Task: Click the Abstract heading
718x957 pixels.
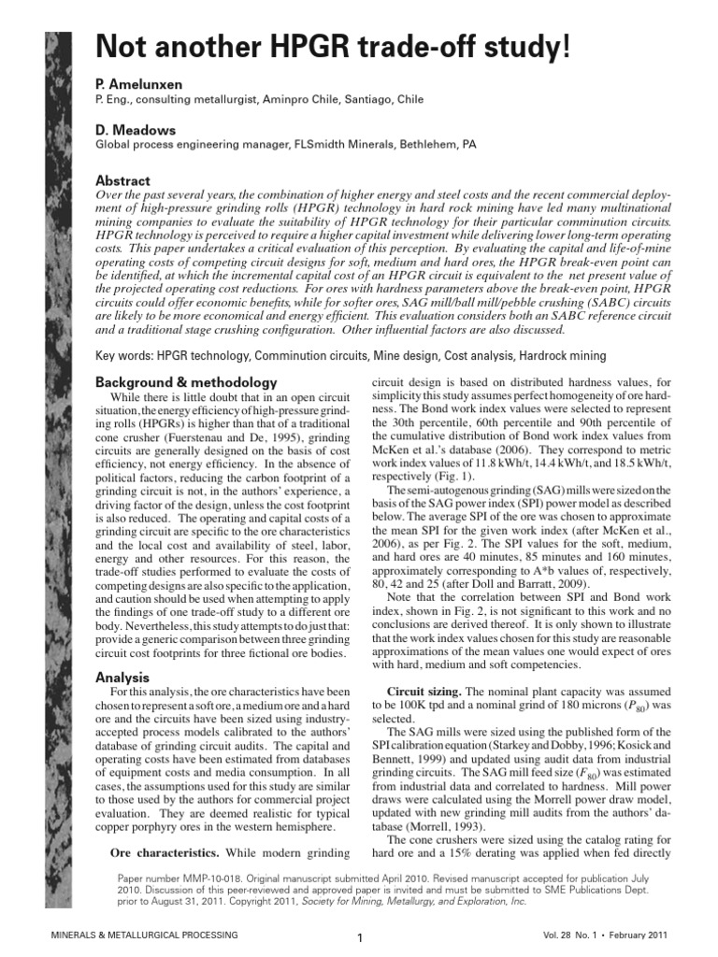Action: [123, 179]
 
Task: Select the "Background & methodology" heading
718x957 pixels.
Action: [187, 382]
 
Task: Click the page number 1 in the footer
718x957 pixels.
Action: [359, 937]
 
